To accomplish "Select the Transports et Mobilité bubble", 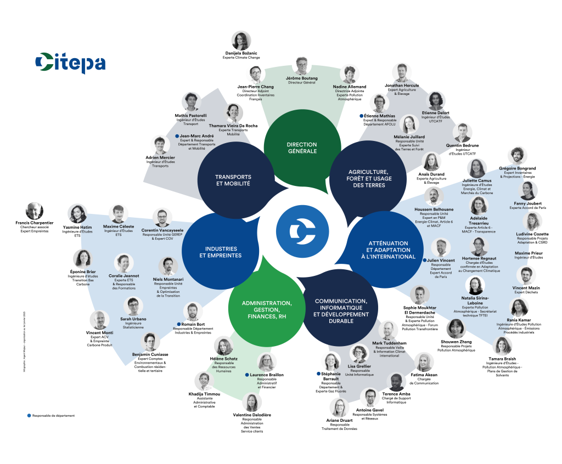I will (233, 180).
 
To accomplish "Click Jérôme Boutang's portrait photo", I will (302, 66).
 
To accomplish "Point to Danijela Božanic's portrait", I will (241, 41).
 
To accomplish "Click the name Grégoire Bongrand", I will (517, 168).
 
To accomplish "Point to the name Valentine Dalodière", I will (252, 415).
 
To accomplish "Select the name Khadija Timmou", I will (204, 394).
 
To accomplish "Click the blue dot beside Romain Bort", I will (178, 324).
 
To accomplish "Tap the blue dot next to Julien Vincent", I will (424, 260).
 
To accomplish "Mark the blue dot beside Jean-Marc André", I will (177, 135).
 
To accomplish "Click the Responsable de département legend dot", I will (29, 415).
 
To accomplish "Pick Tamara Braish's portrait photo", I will (503, 345).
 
